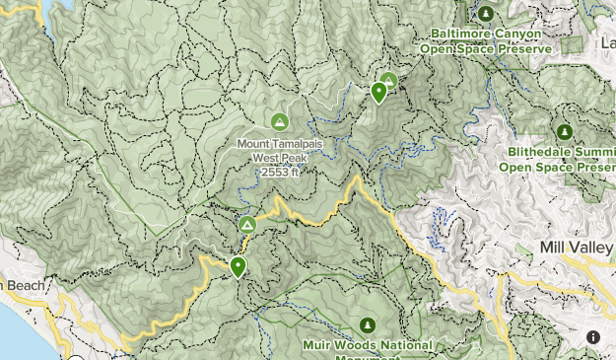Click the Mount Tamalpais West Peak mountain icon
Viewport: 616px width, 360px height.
tap(279, 121)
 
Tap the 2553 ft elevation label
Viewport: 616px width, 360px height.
tap(279, 172)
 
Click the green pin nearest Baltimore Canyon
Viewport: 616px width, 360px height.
tap(378, 93)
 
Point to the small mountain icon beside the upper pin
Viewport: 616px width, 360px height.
tap(389, 80)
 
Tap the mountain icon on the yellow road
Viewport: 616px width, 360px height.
tap(246, 226)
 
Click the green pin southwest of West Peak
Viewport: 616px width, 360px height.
tap(238, 266)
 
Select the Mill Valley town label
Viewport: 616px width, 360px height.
tap(578, 247)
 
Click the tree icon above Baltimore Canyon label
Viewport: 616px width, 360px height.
tap(485, 14)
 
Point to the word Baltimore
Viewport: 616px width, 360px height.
tap(460, 34)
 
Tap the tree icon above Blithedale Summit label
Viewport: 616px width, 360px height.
tap(565, 131)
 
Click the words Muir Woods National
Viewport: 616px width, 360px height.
tap(368, 345)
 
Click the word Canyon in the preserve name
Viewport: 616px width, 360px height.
tap(516, 34)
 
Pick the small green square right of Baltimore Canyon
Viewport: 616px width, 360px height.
tap(572, 44)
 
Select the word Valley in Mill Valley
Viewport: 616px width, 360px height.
tap(592, 247)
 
